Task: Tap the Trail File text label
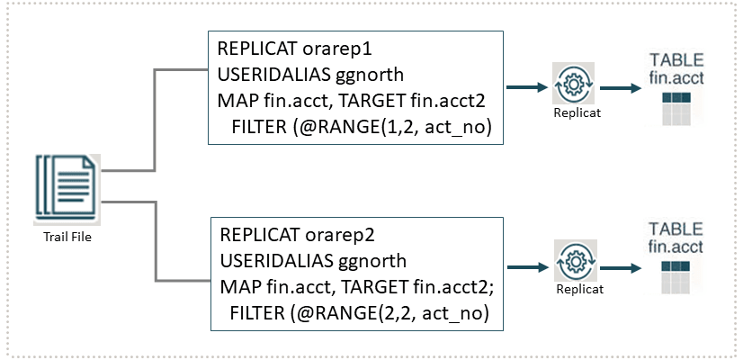point(67,237)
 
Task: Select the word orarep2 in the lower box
point(319,237)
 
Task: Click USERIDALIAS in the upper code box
point(264,73)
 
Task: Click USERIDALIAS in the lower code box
point(268,262)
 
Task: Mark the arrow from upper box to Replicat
point(527,87)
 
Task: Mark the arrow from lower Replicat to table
point(620,268)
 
